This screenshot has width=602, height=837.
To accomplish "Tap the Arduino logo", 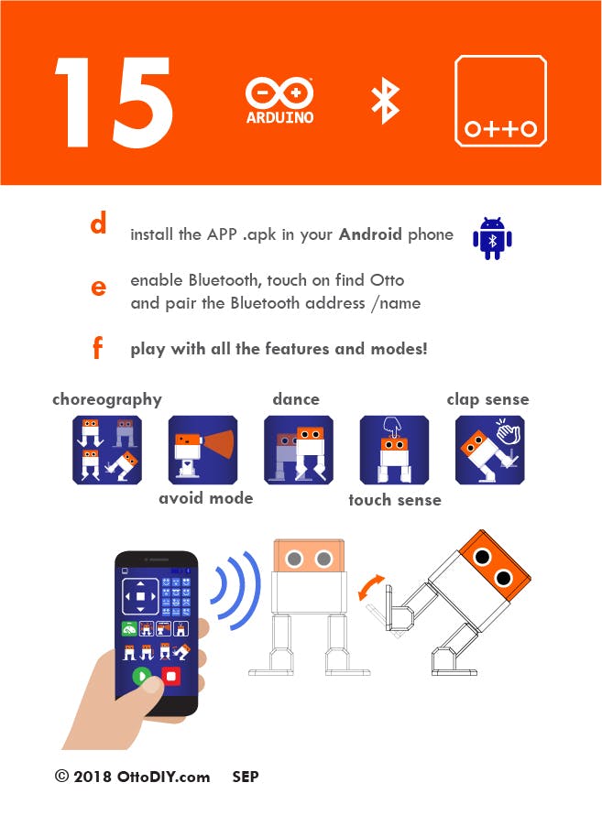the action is coord(279,102).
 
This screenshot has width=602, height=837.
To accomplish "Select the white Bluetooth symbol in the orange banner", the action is coord(385,102).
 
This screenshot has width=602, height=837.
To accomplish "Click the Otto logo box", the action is coord(500,101).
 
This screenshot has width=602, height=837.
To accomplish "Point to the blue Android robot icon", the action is coord(492,238).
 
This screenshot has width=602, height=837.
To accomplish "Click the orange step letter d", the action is coord(98,223).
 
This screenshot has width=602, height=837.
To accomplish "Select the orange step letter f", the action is coord(97,347).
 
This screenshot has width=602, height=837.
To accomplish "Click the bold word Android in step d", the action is coord(370,234).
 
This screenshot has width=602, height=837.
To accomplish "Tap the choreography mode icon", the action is coord(107,450).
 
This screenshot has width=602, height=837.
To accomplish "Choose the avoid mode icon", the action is coord(203,450).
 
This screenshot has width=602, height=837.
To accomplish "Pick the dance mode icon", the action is coord(299,450).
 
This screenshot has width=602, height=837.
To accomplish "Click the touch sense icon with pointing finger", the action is coord(394,450).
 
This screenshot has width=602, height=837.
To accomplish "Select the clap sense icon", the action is coord(490,450).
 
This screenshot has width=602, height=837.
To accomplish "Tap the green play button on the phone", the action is coord(142,677).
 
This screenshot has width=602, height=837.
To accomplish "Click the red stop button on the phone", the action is coord(171,677).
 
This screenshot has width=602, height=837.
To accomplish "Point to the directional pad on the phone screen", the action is coord(140,596).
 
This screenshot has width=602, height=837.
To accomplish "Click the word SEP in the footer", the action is coord(246,777).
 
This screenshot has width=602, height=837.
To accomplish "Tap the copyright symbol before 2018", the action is coord(62,776).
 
